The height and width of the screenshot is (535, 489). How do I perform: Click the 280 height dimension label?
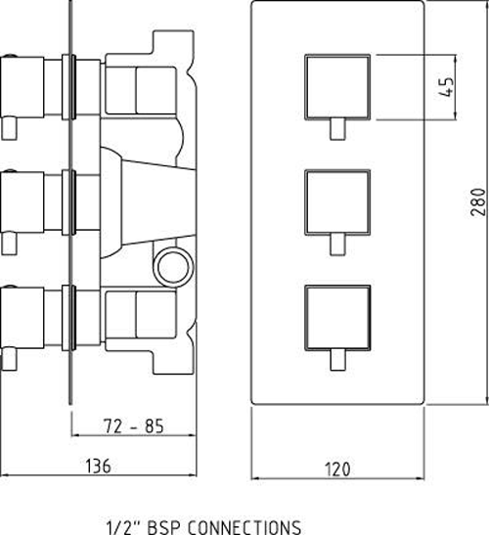click(479, 201)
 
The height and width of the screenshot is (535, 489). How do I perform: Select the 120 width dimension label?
click(337, 469)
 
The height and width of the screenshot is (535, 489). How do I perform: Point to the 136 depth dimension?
click(98, 467)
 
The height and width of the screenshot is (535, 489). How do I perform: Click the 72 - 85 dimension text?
click(133, 426)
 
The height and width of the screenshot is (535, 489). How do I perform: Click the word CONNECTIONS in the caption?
click(244, 527)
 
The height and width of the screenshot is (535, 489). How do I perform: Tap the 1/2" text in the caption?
click(122, 527)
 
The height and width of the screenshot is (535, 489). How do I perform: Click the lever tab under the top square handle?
click(337, 129)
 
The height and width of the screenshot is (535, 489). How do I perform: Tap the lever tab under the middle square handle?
click(337, 244)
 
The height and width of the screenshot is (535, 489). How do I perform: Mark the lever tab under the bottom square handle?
click(337, 360)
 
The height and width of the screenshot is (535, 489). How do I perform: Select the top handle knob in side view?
click(22, 87)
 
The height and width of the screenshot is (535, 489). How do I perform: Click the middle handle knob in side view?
click(22, 202)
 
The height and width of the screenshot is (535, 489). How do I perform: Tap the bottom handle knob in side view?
click(22, 318)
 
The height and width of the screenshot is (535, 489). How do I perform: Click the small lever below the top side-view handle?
click(9, 128)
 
